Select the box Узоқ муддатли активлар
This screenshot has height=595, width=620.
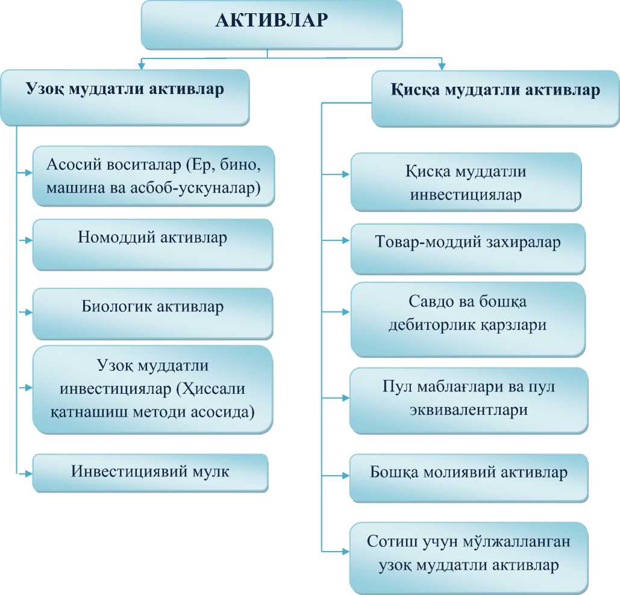(x=125, y=90)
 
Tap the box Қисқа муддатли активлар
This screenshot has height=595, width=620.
(x=495, y=92)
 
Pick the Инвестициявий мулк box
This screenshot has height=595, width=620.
(x=150, y=472)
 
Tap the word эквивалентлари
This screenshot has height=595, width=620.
(x=468, y=411)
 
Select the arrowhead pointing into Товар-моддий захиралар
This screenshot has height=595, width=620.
(x=346, y=240)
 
